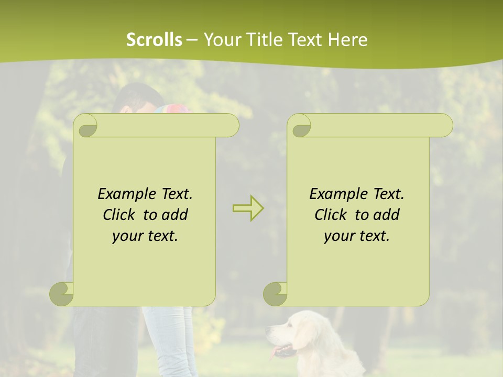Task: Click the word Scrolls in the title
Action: (x=154, y=39)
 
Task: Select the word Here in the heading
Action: (x=347, y=39)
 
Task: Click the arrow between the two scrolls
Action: (x=248, y=208)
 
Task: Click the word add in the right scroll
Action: (x=386, y=215)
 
